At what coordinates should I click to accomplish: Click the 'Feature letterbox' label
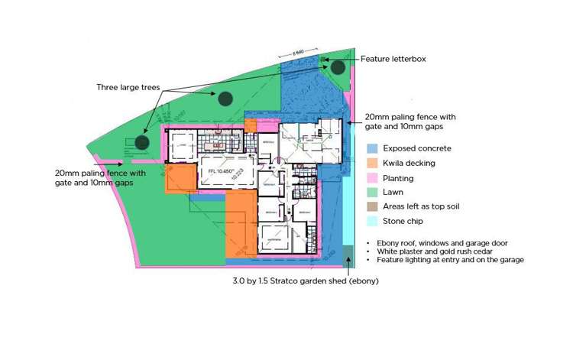point(393,59)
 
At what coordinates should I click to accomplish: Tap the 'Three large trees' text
point(128,87)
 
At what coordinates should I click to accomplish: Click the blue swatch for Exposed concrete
point(372,148)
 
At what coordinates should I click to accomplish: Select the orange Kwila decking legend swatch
point(372,163)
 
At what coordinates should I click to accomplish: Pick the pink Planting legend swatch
point(372,178)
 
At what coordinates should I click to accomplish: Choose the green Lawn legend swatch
point(372,193)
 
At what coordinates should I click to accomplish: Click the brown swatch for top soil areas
point(372,207)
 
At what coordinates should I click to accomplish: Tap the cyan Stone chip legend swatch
point(372,222)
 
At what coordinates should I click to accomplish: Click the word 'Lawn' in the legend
point(393,193)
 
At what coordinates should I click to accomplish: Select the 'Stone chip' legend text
point(403,222)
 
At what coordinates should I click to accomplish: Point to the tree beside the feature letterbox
point(338,67)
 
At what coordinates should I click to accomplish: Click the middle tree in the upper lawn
point(224,98)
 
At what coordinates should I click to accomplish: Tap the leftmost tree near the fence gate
point(141,141)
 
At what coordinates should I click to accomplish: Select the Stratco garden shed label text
point(306,281)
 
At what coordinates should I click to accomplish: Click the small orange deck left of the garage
point(181,179)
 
